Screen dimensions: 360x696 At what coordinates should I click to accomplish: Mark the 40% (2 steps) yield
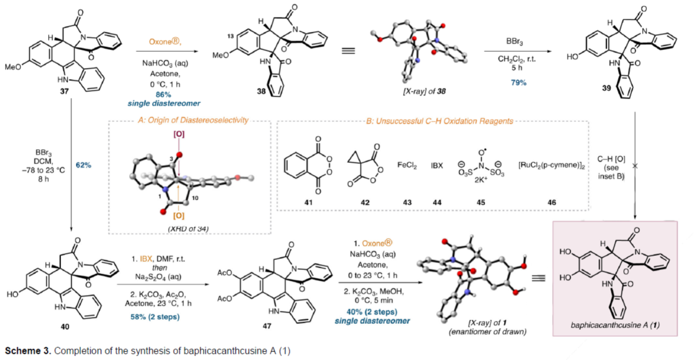pos(372,312)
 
